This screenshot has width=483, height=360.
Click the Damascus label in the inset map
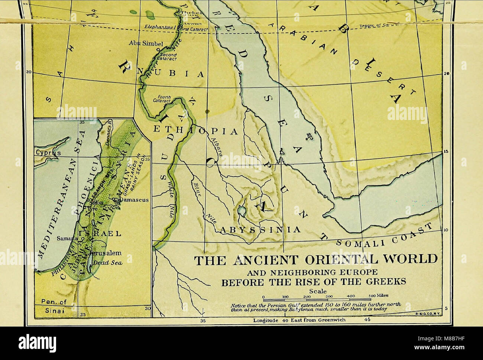135,200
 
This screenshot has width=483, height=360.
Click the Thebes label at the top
191,13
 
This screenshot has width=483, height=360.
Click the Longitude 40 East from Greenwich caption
299,320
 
